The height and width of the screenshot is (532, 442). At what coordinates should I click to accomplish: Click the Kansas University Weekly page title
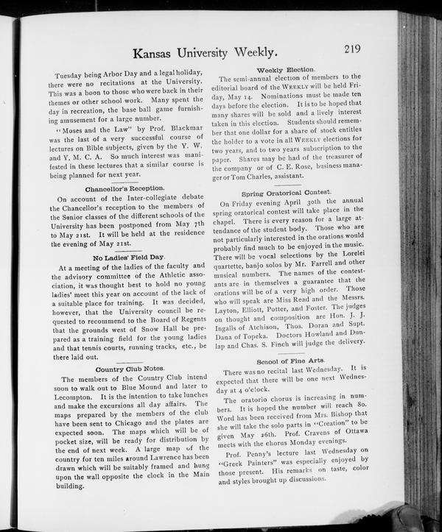(205, 53)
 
